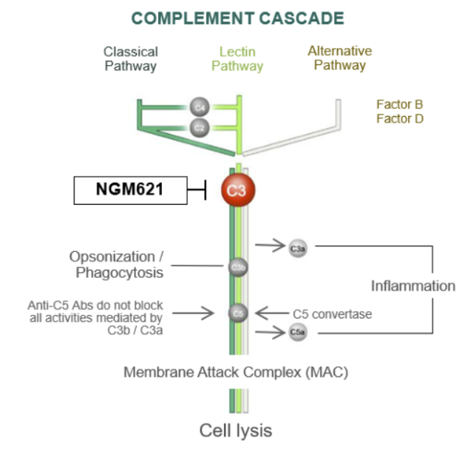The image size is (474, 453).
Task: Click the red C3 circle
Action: pos(237,191)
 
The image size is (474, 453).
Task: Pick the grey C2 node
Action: pos(198,126)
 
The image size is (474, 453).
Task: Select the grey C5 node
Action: pos(237,313)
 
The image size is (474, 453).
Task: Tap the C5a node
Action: pos(297,333)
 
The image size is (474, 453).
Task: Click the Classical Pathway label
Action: pos(130,58)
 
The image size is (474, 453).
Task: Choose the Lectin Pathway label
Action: pos(237,58)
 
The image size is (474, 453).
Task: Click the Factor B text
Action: pos(399,104)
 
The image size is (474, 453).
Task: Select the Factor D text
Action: pos(399,118)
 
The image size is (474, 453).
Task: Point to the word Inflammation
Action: pos(413,286)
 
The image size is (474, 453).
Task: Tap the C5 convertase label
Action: pos(332,314)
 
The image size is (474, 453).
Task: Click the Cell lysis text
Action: pos(236,430)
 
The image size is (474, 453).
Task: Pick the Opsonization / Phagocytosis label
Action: pos(117,265)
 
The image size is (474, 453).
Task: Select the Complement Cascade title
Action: pos(237,18)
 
